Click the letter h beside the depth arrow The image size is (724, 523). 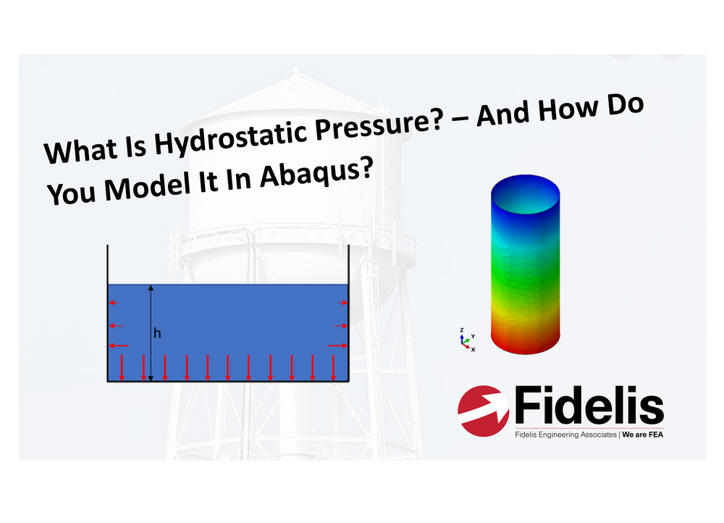point(157,333)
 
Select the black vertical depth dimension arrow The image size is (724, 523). point(151,333)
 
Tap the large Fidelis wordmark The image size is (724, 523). point(588,406)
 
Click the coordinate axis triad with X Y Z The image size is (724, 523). point(466,340)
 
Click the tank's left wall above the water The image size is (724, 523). point(107,264)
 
